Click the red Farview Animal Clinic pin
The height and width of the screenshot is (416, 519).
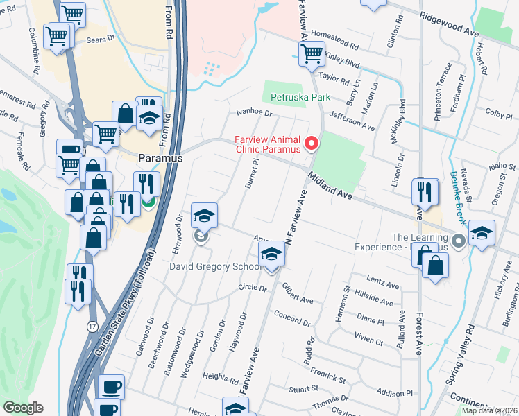pyautogui.click(x=312, y=143)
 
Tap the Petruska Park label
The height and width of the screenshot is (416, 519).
pyautogui.click(x=301, y=98)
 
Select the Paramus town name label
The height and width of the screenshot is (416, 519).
pyautogui.click(x=160, y=158)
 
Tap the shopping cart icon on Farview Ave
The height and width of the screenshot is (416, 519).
pyautogui.click(x=312, y=53)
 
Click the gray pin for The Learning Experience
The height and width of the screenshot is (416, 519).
pyautogui.click(x=457, y=241)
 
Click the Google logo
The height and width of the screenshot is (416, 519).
pyautogui.click(x=23, y=408)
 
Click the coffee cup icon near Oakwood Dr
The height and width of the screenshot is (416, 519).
pyautogui.click(x=110, y=387)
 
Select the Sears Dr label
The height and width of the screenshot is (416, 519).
pyautogui.click(x=101, y=40)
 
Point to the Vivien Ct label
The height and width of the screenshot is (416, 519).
pyautogui.click(x=368, y=341)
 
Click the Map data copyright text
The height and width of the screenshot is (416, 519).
pyautogui.click(x=489, y=410)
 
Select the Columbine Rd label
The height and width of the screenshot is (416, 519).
pyautogui.click(x=34, y=51)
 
